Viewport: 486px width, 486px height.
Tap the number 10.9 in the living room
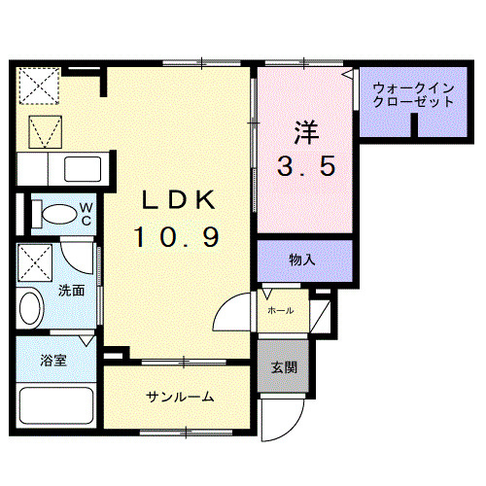(176, 235)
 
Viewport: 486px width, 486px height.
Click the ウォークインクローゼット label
(413, 93)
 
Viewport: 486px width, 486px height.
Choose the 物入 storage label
(301, 260)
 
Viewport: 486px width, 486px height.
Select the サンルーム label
(180, 398)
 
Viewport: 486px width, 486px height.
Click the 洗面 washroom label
(70, 290)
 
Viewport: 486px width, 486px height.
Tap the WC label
(86, 212)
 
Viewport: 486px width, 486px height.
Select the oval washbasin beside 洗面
(30, 310)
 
